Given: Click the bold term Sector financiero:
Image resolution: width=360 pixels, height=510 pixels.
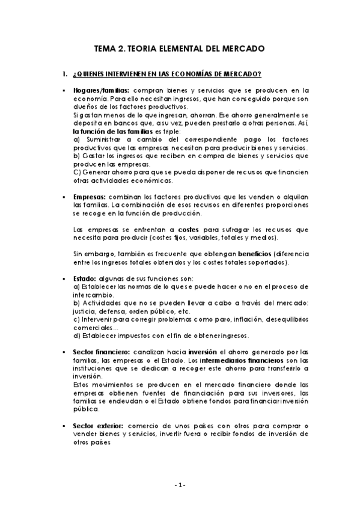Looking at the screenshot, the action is (101, 352).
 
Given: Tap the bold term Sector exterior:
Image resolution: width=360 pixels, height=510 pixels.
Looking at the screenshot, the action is (97, 425).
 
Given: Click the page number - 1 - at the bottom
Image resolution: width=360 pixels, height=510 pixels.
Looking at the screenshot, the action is (180, 485).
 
